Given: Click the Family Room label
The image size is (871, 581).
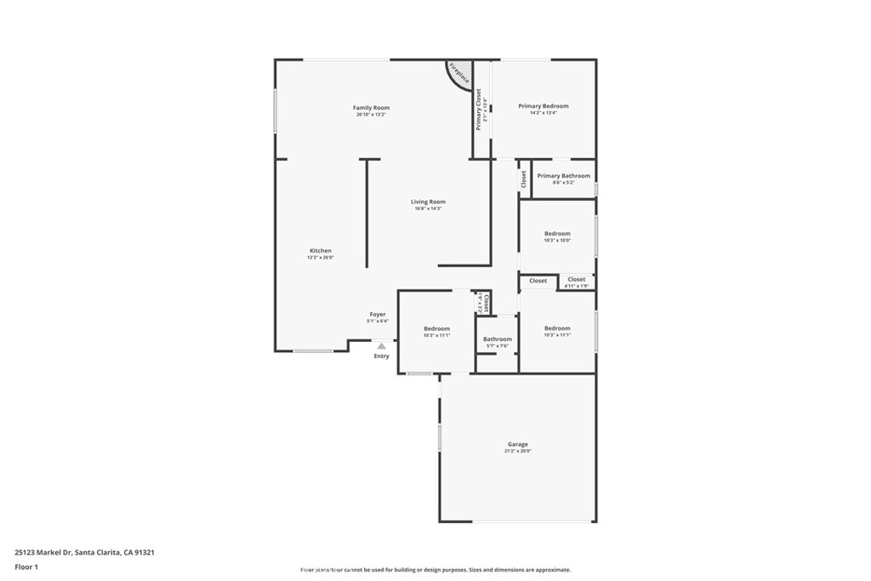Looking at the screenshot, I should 371,108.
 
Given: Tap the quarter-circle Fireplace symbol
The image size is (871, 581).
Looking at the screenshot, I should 459,72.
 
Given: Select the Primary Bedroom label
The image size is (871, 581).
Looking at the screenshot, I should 544,106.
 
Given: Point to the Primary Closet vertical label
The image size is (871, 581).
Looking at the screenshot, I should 479,109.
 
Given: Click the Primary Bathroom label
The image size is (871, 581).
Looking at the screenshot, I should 563,176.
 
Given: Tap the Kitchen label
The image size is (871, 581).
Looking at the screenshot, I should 320,251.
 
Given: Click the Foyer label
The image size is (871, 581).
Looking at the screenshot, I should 377,315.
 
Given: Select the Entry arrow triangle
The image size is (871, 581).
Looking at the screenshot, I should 382,345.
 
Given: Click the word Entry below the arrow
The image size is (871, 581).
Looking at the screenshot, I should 381,356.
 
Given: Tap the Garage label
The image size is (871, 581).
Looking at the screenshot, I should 517,444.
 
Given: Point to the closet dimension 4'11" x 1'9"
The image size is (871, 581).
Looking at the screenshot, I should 577,286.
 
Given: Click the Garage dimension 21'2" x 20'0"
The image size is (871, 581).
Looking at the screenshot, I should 517,452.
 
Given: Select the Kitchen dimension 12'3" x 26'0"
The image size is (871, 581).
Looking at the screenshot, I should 320,258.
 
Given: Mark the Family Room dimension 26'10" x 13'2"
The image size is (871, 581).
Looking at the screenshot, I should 371,115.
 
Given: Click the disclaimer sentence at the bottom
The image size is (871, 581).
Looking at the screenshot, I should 435,570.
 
